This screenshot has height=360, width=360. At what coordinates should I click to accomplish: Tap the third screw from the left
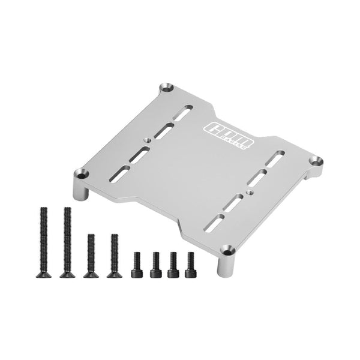click(x=91, y=255)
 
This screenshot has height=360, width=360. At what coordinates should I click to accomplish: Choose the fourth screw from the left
click(x=113, y=255)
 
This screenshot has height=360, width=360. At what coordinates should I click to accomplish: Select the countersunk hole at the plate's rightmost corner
click(x=317, y=161)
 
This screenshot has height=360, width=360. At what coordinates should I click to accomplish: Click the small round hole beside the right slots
click(x=248, y=193)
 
